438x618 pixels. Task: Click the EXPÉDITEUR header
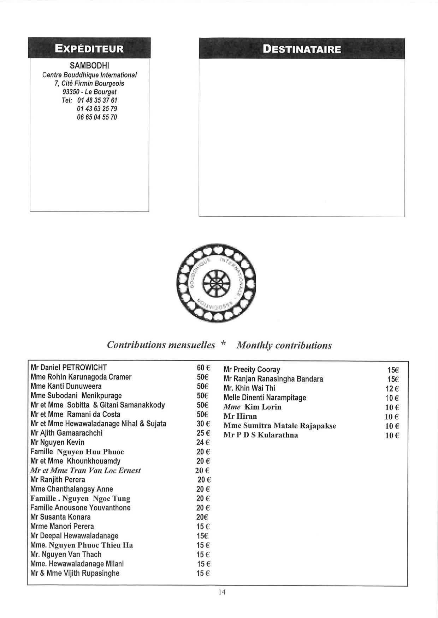[x=89, y=48]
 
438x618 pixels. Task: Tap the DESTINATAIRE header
[x=302, y=49]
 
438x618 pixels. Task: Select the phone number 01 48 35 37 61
[x=97, y=100]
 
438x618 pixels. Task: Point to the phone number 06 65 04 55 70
[x=97, y=117]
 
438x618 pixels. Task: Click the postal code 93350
[x=70, y=92]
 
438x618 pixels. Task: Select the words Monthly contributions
[x=284, y=345]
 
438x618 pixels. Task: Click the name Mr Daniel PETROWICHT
[x=69, y=367]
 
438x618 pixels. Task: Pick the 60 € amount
[x=203, y=368]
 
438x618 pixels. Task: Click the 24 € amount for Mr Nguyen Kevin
[x=203, y=442]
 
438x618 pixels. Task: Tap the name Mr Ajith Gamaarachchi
[x=66, y=433]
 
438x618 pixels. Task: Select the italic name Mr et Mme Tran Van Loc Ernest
[x=85, y=470]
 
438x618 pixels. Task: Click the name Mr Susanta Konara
[x=60, y=517]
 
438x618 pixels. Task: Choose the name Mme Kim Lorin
[x=252, y=407]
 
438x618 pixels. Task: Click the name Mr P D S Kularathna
[x=260, y=435]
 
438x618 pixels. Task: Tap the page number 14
[x=222, y=592]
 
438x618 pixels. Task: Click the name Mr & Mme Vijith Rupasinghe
[x=75, y=573]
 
